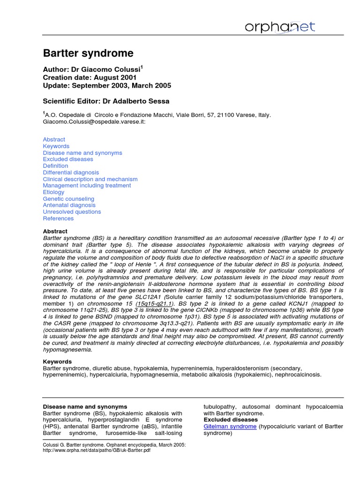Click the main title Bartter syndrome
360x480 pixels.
[x=88, y=53]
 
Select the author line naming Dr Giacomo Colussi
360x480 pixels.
[x=93, y=69]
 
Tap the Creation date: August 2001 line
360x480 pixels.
[x=90, y=77]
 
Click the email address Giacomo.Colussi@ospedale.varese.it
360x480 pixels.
[x=94, y=121]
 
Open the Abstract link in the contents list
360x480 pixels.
[x=54, y=140]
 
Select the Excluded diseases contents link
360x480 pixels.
[x=68, y=159]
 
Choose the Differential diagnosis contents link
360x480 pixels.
[x=71, y=172]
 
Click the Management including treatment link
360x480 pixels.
[x=87, y=186]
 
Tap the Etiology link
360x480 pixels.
[x=53, y=192]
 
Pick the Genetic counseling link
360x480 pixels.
[x=68, y=199]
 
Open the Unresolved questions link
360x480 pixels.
[x=72, y=212]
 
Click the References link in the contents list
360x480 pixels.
[x=58, y=218]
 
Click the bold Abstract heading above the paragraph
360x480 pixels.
[x=55, y=232]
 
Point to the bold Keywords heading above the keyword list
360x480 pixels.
[x=57, y=362]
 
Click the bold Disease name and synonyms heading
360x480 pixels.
[x=85, y=407]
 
